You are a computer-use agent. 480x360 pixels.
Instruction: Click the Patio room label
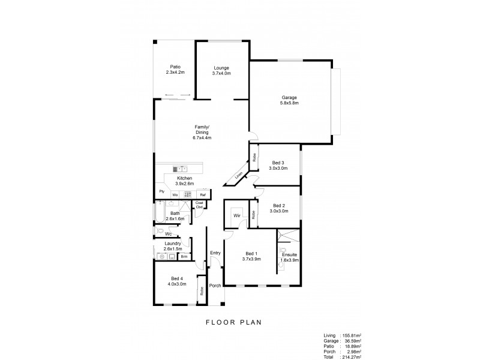coord(175,67)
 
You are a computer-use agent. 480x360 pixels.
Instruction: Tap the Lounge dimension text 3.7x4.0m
coord(221,73)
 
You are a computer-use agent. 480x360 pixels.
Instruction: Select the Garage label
coord(290,98)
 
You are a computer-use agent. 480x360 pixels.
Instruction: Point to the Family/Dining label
coord(202,127)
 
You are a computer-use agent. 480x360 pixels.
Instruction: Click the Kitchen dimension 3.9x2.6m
coord(184,184)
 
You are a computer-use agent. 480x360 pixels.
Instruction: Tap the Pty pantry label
coord(161,192)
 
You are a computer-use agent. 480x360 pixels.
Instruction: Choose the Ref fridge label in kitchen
coord(203,196)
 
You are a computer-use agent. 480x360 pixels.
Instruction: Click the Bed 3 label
coord(278,163)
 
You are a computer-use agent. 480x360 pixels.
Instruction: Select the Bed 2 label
coord(278,205)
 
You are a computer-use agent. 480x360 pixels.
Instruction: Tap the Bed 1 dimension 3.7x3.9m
coord(251,259)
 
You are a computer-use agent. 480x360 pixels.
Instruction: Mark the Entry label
coord(215,253)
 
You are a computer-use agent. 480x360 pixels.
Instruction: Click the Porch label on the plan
coord(215,286)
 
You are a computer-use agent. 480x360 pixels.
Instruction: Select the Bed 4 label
coord(177,278)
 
